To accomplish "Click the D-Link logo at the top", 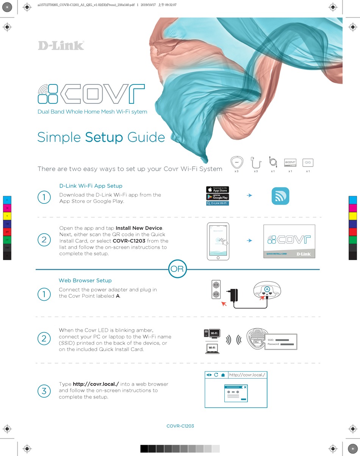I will [x=61, y=45].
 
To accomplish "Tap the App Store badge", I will [x=218, y=189].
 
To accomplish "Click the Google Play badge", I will [x=218, y=197].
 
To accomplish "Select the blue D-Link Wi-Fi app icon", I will [x=280, y=196].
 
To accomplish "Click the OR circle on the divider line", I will [x=177, y=269].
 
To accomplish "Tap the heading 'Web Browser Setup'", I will [x=85, y=281].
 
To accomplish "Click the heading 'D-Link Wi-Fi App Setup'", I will [x=91, y=186].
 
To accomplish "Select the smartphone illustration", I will [x=218, y=241].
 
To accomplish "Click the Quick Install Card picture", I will [x=289, y=241].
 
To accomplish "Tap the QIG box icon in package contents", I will [x=308, y=162].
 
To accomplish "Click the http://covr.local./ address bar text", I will [x=247, y=375].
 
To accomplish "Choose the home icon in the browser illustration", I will [x=223, y=375].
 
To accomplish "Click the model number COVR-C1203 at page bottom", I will [x=180, y=426].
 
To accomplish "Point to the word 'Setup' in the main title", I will [x=104, y=137].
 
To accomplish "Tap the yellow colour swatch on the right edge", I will [x=352, y=216].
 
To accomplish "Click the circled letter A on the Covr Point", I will [x=267, y=289].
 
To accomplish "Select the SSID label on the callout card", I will [x=271, y=340].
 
